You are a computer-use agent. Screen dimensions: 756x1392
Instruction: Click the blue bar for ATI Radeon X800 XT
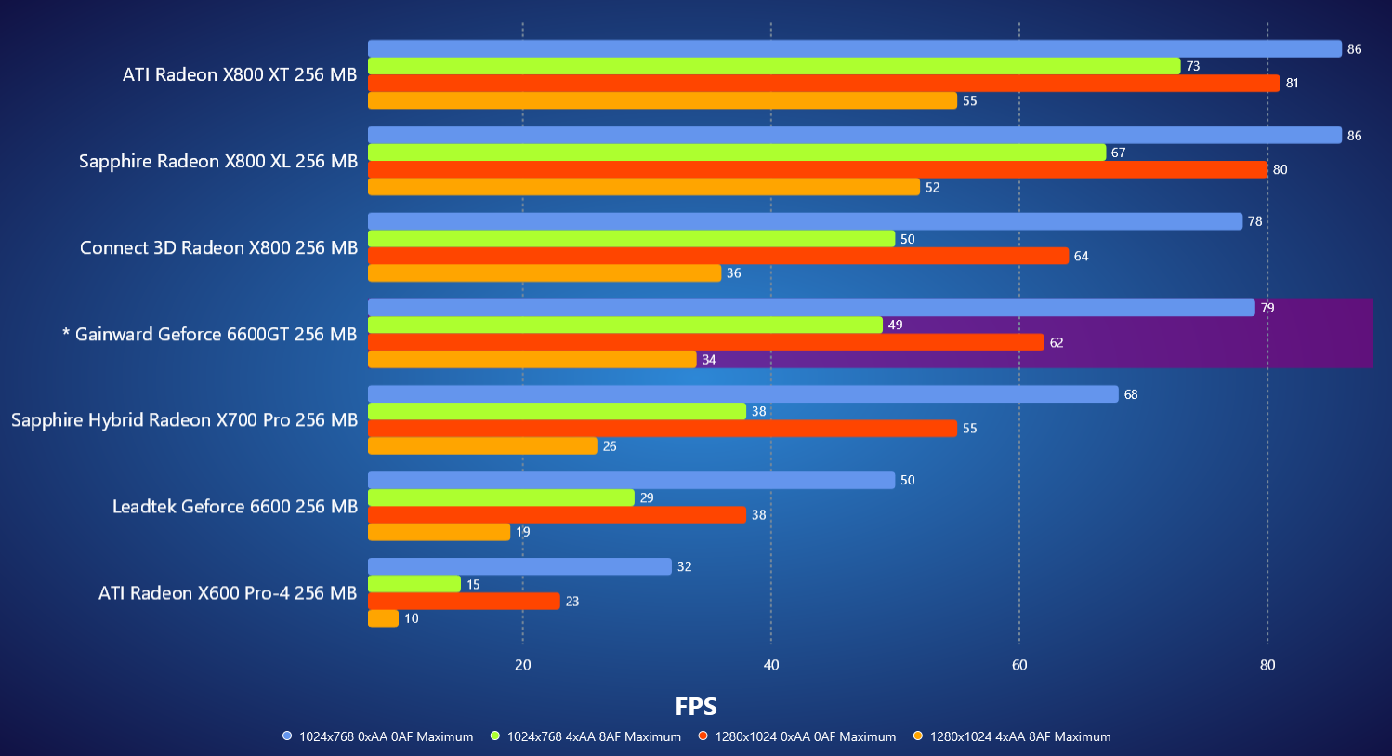click(855, 49)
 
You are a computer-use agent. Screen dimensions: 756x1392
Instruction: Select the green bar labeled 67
click(737, 153)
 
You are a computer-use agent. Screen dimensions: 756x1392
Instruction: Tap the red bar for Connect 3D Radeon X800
click(718, 256)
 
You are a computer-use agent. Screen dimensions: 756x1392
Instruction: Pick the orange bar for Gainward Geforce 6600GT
click(532, 360)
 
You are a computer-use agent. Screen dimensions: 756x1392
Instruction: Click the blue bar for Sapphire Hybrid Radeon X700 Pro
click(743, 394)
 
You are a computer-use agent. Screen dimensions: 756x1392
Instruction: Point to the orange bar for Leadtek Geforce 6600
click(439, 532)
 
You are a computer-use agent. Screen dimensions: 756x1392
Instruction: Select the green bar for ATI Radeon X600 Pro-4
click(414, 584)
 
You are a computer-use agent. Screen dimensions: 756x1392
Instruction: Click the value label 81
click(1292, 84)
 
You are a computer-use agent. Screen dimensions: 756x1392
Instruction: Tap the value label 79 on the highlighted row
click(1267, 308)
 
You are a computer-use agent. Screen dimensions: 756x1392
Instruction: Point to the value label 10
click(411, 619)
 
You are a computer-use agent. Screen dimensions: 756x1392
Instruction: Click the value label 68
click(1131, 394)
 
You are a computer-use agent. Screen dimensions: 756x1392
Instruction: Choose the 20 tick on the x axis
click(523, 665)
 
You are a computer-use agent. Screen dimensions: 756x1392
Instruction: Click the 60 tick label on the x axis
click(1019, 665)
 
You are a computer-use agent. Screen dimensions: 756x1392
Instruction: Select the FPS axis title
click(696, 707)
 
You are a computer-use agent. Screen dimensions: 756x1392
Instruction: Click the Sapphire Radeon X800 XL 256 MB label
click(218, 162)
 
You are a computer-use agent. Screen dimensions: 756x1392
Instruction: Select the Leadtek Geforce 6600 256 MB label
click(235, 507)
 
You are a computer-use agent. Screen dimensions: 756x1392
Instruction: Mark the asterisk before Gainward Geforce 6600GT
click(66, 333)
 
